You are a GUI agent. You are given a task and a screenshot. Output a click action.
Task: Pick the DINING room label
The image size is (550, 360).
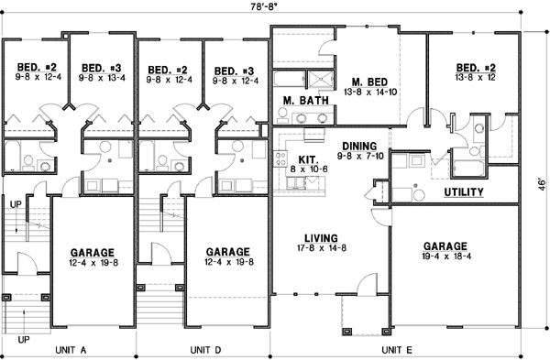pyautogui.click(x=359, y=146)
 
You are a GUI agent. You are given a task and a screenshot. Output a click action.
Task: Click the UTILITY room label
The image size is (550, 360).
pyautogui.click(x=464, y=192)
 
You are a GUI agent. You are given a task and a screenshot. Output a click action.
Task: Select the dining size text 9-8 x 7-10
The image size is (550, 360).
pyautogui.click(x=359, y=157)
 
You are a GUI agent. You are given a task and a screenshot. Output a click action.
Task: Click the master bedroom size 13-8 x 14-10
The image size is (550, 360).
pyautogui.click(x=357, y=93)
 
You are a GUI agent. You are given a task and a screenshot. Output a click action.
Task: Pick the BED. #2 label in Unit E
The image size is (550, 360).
pyautogui.click(x=475, y=68)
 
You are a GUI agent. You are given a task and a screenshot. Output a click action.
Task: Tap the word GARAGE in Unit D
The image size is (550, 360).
pyautogui.click(x=228, y=251)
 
